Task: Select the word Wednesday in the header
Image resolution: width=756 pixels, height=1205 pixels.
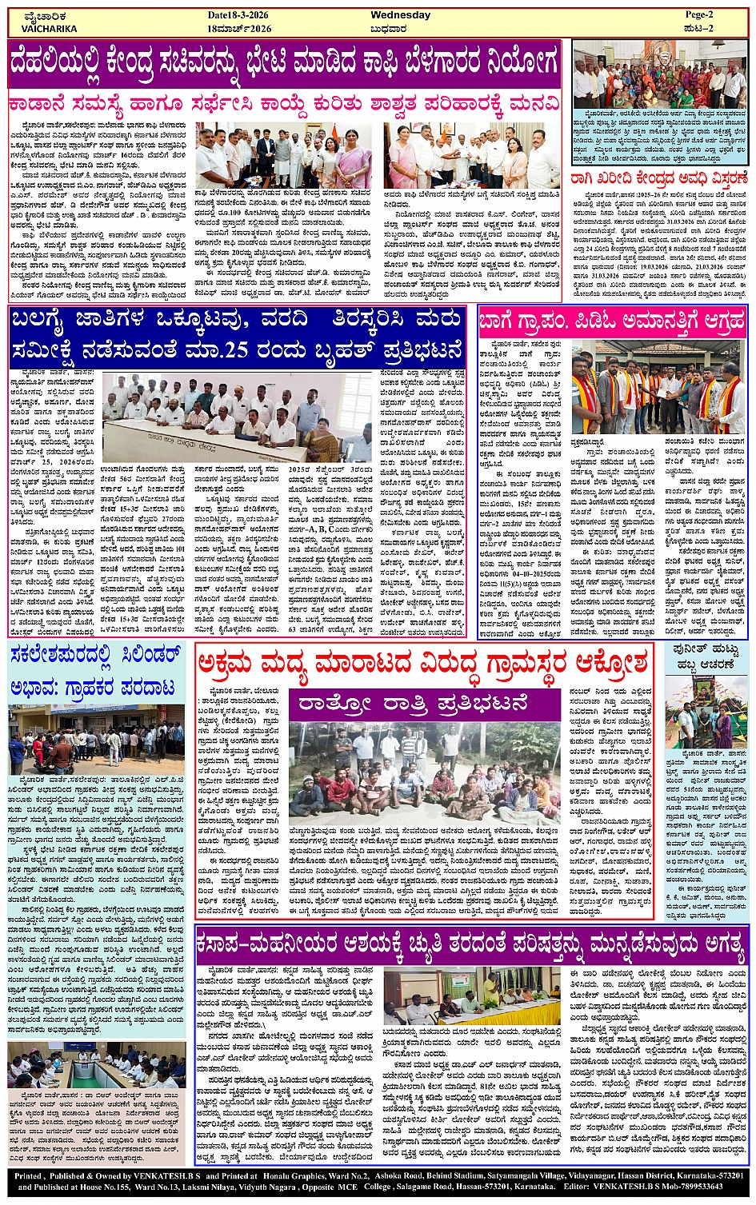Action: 401,15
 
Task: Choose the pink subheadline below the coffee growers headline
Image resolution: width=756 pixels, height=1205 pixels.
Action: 284,104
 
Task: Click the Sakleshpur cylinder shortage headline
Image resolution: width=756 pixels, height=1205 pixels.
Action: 96,672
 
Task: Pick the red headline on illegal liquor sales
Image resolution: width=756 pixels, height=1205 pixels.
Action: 428,663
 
